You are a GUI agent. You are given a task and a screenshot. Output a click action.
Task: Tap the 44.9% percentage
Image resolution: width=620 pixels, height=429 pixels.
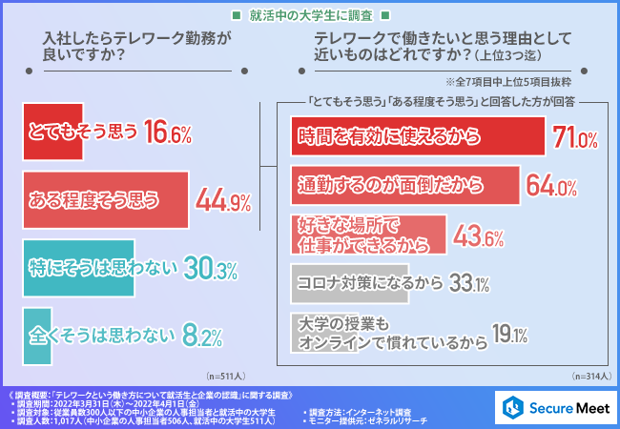pos(222,200)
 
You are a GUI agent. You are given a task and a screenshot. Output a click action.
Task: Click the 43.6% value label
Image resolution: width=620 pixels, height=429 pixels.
pos(479,232)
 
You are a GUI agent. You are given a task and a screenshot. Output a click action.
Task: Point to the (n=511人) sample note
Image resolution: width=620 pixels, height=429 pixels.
pos(225,376)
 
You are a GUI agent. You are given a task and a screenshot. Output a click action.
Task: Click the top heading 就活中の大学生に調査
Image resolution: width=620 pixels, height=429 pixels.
pos(310,16)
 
